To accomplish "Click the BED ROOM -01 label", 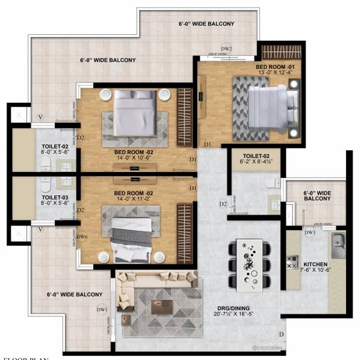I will coord(274,66).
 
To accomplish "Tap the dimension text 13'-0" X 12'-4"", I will coord(274,73).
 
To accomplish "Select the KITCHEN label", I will coord(315,264).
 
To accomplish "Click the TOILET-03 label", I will coord(55,197).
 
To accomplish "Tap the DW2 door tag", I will coord(226,48).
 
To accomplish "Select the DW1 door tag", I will coord(102,310).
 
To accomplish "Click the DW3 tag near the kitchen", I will coord(310,232).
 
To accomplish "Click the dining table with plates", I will coord(251,263).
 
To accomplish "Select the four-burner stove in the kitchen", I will coord(293,262).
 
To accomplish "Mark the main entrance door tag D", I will coord(280,335).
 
